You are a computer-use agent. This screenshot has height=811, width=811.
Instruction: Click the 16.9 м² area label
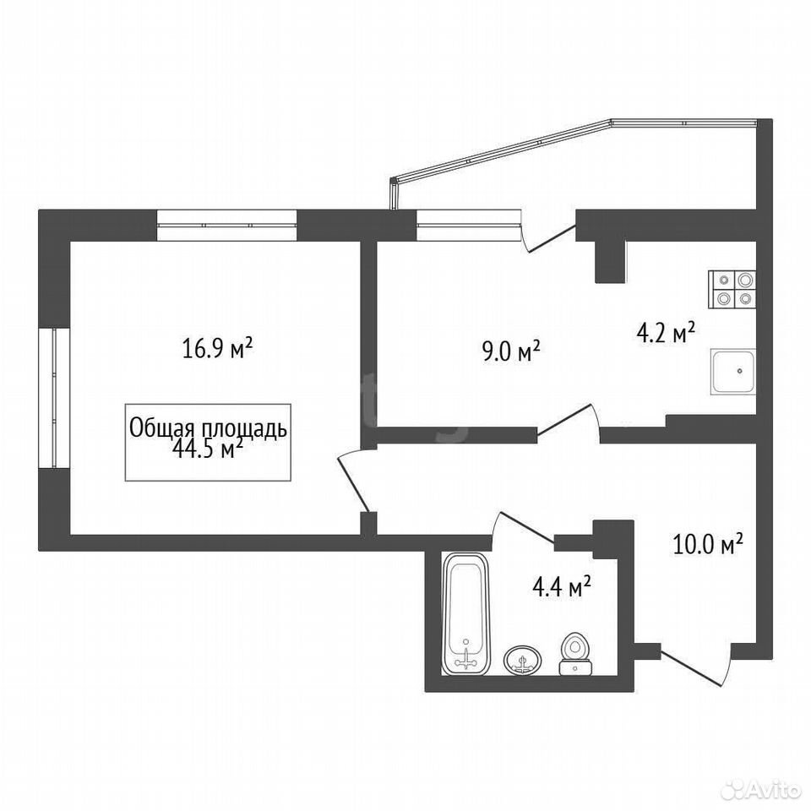coord(217,348)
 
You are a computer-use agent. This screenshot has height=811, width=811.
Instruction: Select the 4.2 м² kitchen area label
coord(665,335)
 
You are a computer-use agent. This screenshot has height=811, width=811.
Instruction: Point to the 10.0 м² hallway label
coord(708,545)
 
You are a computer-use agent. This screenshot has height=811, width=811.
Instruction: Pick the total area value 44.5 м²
coord(209,449)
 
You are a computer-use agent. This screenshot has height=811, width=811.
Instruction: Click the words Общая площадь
coord(208,428)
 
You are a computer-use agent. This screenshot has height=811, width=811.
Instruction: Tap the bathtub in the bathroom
coord(465,613)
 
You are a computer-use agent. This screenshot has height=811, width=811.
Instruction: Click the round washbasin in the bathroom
coord(523,660)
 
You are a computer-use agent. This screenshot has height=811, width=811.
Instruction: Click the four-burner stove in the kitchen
coord(732,290)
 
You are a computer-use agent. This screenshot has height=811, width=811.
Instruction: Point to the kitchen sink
coord(733,372)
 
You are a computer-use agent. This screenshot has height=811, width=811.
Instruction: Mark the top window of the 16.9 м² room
coord(226,226)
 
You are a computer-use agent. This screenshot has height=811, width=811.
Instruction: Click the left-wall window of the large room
coord(54,398)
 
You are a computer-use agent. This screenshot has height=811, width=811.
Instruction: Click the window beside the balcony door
coord(468,226)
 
